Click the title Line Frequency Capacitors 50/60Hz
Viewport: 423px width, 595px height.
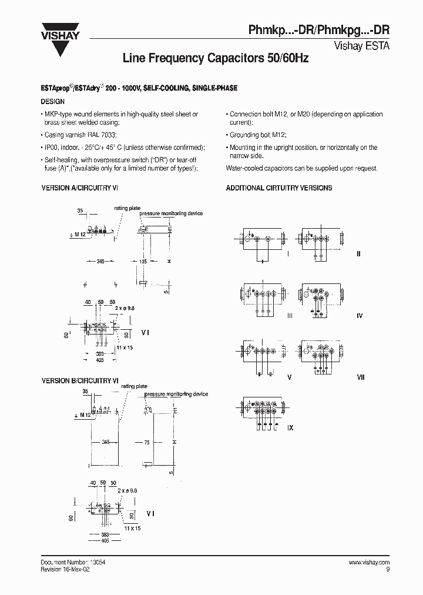pos(215,59)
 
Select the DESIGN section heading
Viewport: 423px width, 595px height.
pos(52,102)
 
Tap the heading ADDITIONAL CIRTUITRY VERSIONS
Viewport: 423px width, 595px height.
pos(279,188)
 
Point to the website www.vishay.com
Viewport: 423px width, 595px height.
pos(365,563)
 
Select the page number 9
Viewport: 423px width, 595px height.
pos(388,570)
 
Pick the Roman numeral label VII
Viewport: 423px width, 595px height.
pos(361,377)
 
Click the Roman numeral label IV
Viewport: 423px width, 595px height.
pos(360,316)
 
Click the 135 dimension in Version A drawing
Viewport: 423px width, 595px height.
pos(143,261)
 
